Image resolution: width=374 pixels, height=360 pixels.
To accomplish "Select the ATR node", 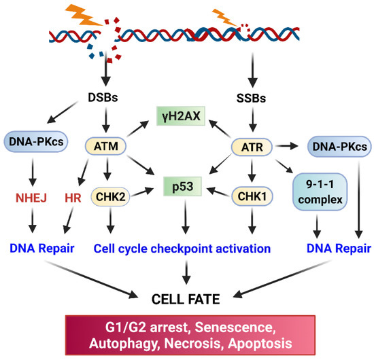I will [x=252, y=145].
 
